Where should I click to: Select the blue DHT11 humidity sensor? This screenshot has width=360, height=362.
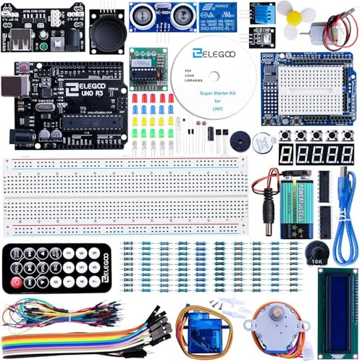(264, 13)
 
